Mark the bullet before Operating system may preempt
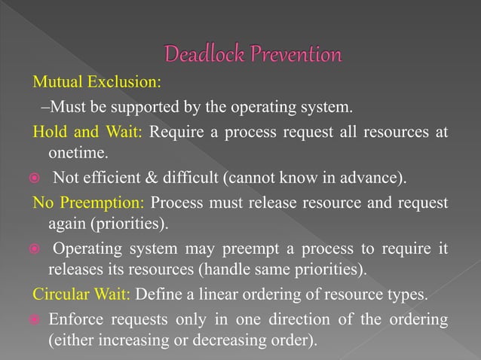pos(23,249)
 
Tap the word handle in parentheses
pos(247,268)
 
